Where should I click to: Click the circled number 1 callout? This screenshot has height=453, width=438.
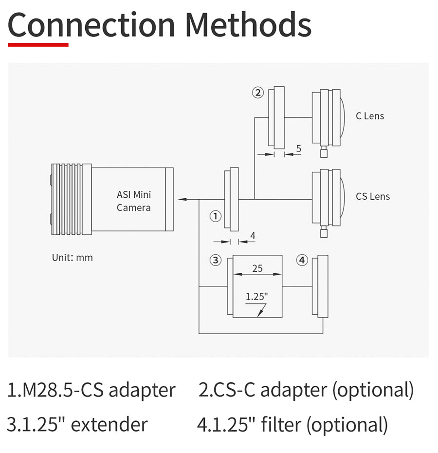click(216, 216)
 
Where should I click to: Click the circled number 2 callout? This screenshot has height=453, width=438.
click(258, 93)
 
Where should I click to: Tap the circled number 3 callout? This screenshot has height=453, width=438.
click(216, 260)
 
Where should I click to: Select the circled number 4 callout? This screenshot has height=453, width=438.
click(302, 260)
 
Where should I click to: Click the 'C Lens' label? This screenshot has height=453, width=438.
click(370, 116)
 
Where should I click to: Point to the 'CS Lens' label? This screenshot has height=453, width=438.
click(373, 196)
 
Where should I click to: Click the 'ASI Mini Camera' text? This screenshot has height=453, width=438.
click(134, 201)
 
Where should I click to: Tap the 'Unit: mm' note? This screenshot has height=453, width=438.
click(72, 257)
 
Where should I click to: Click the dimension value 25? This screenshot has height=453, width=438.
click(257, 268)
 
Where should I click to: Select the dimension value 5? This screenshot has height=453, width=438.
click(298, 149)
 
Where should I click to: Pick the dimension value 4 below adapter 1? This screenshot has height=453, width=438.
click(253, 236)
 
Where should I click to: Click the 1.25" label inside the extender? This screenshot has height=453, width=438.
click(256, 297)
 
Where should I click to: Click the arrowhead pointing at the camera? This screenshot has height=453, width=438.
click(182, 199)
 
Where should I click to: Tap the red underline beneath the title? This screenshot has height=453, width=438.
click(38, 44)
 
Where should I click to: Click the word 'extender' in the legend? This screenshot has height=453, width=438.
click(109, 425)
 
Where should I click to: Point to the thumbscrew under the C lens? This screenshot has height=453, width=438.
click(324, 151)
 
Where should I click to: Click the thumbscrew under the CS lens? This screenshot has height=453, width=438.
click(324, 232)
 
